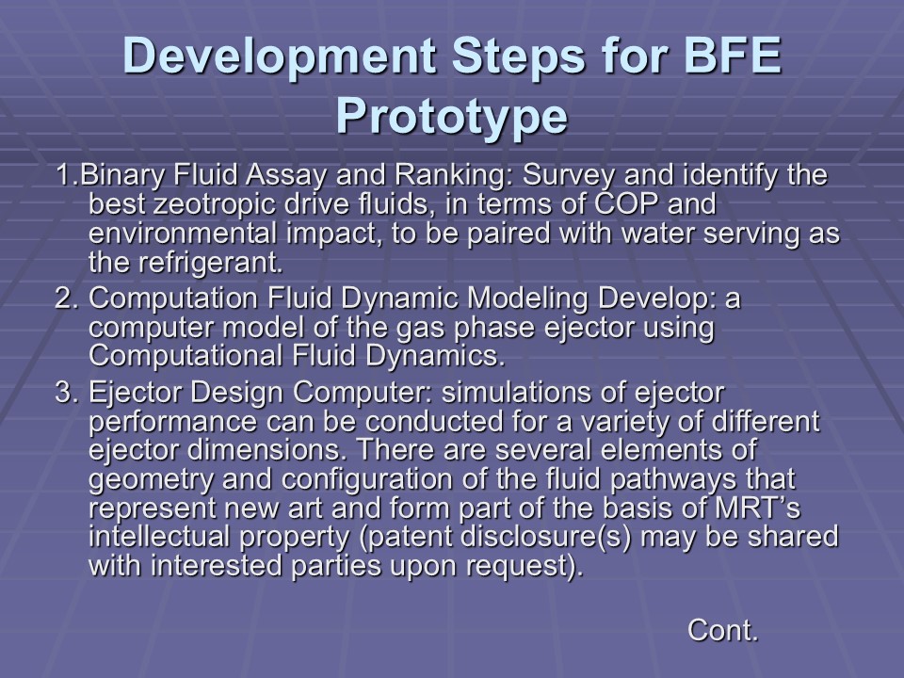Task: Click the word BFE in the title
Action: (731, 56)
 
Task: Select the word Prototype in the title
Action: (452, 118)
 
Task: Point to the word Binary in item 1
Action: (121, 175)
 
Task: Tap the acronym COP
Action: (625, 203)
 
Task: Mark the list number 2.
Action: (66, 299)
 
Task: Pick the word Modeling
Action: (527, 299)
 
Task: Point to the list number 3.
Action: (66, 393)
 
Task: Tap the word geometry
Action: (151, 479)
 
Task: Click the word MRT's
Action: (757, 508)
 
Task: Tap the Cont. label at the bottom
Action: (722, 630)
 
